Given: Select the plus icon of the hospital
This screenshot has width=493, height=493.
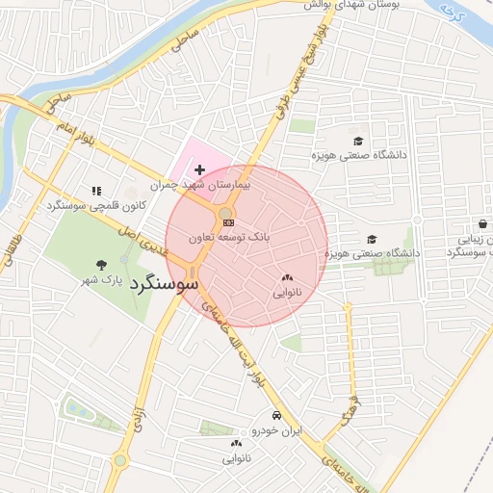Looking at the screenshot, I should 199,169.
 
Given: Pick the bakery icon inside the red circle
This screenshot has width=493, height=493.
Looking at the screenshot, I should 287,278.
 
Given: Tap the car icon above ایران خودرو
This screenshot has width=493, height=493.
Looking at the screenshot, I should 276,415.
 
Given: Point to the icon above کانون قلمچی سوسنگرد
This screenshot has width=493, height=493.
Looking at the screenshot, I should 95,192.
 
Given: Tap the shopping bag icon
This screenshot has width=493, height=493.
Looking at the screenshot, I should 482,223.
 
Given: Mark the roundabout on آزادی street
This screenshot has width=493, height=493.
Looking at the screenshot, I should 119,460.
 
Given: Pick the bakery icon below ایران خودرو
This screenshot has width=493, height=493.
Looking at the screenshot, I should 237,443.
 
